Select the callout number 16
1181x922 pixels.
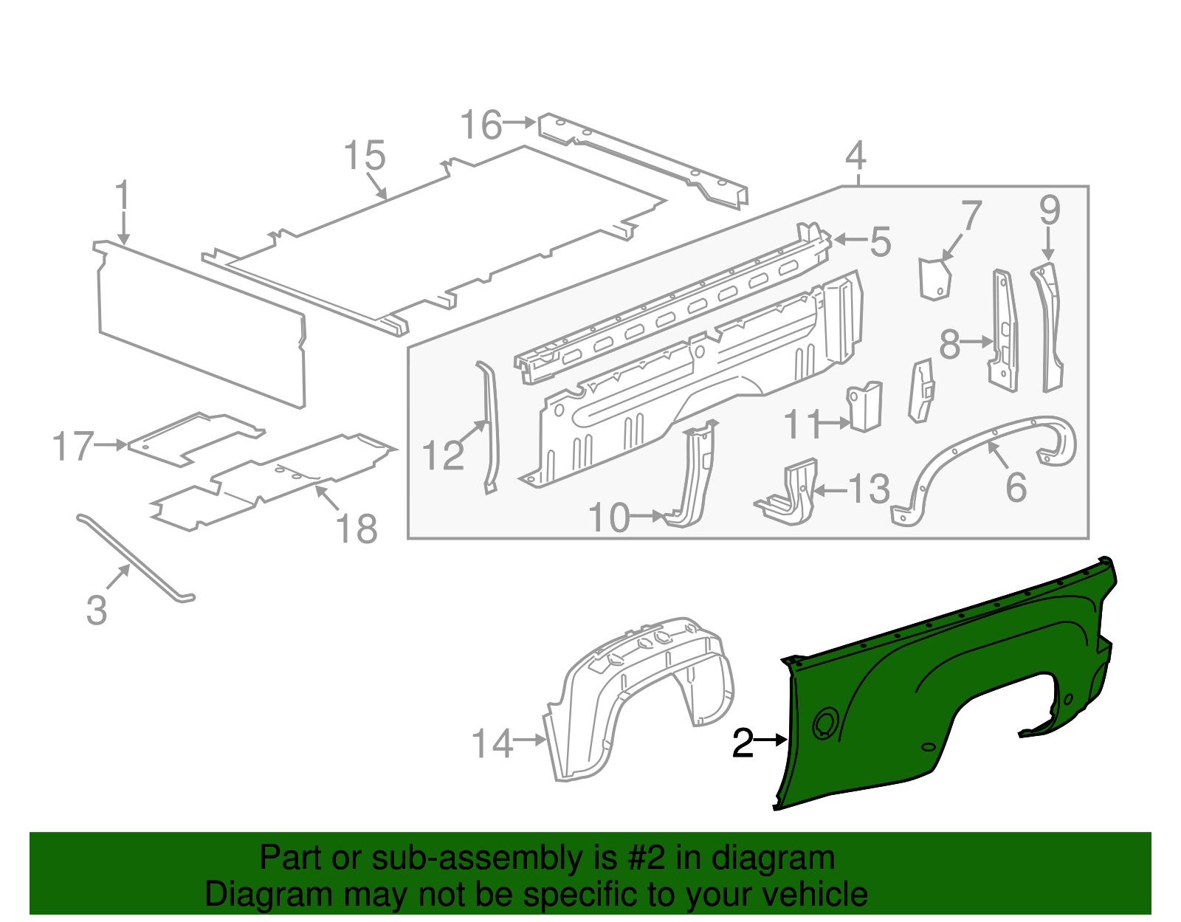tap(481, 125)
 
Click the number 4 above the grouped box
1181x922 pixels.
tap(855, 156)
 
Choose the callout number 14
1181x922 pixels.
tap(492, 743)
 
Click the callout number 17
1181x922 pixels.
tap(74, 447)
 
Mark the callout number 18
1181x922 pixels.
tap(357, 529)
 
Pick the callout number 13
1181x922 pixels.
tap(869, 489)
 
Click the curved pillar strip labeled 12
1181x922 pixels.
tap(490, 428)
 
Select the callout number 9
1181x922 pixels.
tap(1050, 211)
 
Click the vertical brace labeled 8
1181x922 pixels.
tap(1004, 332)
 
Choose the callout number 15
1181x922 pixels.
tap(365, 156)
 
